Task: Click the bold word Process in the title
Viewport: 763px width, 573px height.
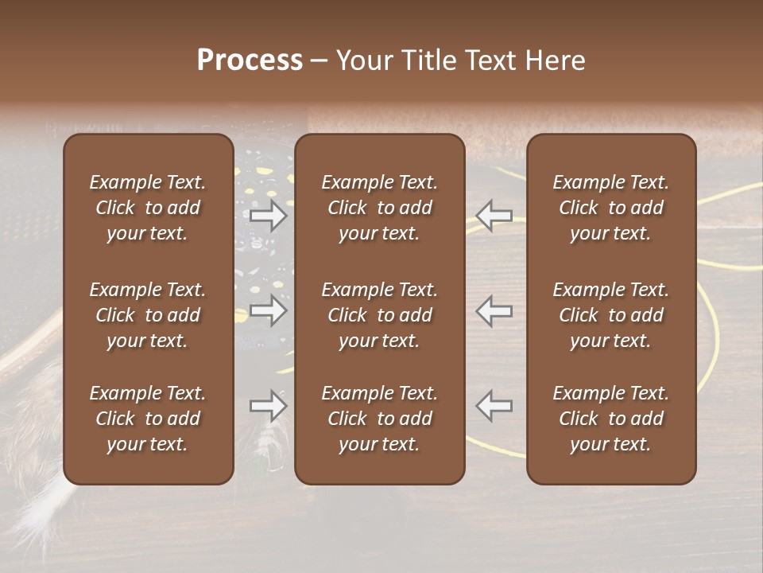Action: [250, 60]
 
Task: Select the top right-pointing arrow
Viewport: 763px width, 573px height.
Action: [268, 216]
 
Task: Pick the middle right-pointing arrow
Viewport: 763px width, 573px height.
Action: [268, 310]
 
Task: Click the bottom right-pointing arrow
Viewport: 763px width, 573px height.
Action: [268, 406]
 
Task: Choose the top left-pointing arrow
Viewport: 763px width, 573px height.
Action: [494, 216]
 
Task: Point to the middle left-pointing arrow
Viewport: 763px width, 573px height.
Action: [494, 310]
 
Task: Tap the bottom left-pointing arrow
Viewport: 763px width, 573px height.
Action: [494, 406]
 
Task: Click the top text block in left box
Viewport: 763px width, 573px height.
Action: [148, 208]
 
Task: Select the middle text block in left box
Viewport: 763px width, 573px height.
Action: [148, 315]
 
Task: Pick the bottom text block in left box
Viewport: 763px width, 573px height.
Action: [148, 419]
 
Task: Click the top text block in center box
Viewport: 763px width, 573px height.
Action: [379, 208]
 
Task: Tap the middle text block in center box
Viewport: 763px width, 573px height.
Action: [379, 315]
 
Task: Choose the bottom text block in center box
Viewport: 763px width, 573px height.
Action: [379, 419]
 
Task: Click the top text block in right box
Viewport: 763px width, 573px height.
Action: [610, 208]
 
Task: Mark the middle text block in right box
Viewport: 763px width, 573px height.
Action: [610, 315]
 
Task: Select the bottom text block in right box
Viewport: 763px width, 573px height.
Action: [610, 419]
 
